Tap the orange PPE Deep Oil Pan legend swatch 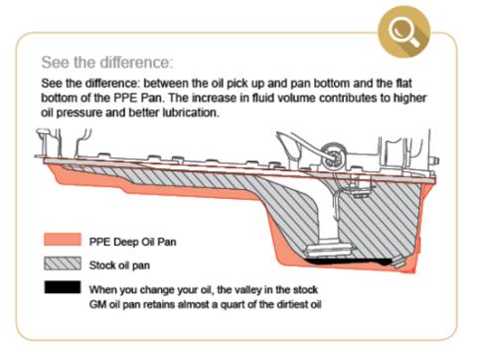tap(62, 241)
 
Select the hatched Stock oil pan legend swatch tap(62, 264)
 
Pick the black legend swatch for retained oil tap(62, 288)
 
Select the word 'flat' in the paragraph tap(397, 83)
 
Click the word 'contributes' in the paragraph tap(371, 97)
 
